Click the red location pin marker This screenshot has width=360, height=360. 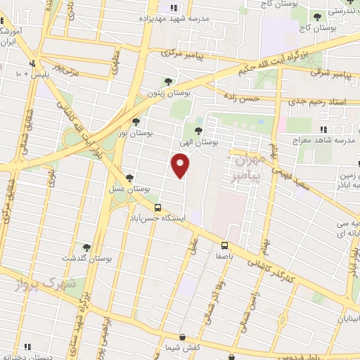pos(181,165)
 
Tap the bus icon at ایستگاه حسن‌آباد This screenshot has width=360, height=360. pos(157,208)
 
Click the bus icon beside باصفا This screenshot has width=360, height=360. pos(225,246)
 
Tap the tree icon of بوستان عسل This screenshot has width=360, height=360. pos(129,179)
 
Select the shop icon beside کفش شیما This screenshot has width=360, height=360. pos(182,337)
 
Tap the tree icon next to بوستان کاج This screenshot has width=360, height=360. pos(318,16)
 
